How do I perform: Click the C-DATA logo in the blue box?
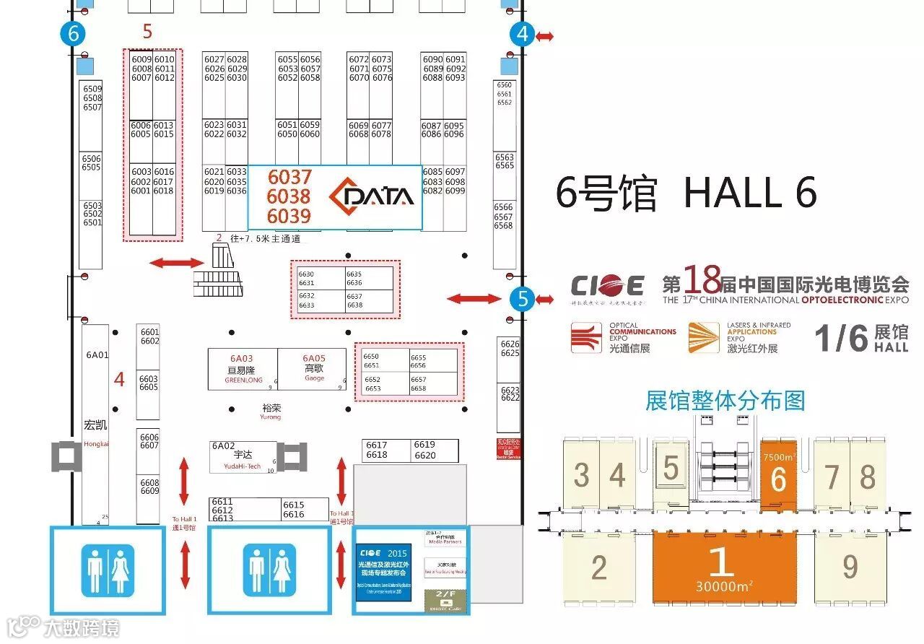pyautogui.click(x=371, y=196)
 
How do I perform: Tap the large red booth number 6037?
pyautogui.click(x=289, y=177)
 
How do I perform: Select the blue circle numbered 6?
pyautogui.click(x=73, y=34)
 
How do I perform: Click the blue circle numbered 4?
pyautogui.click(x=522, y=35)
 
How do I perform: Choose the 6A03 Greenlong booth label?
pyautogui.click(x=242, y=358)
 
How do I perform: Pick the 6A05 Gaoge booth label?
pyautogui.click(x=314, y=358)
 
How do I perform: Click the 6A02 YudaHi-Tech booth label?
pyautogui.click(x=224, y=446)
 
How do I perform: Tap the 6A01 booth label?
pyautogui.click(x=97, y=355)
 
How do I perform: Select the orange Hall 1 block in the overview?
pyautogui.click(x=718, y=567)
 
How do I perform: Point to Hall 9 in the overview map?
pyautogui.click(x=850, y=567)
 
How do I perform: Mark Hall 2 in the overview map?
pyautogui.click(x=598, y=567)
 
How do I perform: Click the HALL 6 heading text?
pyautogui.click(x=750, y=193)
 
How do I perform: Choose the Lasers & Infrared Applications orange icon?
pyautogui.click(x=703, y=338)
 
